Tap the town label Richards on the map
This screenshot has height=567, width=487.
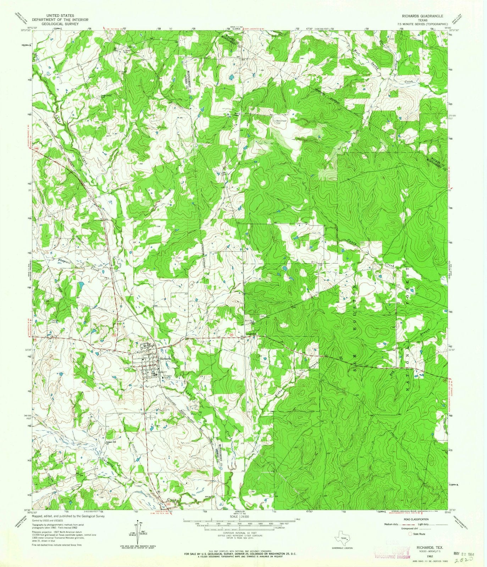[165, 359]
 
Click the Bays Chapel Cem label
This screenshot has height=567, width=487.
[279, 122]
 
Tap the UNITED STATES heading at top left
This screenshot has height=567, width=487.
[57, 16]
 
